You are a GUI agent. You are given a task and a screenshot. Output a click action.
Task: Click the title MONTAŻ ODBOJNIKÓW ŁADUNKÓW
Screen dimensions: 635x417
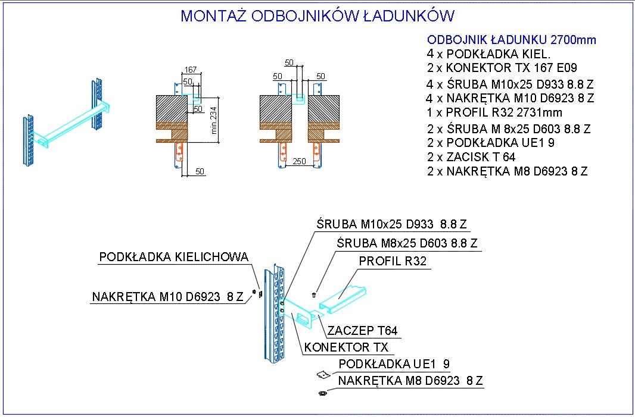pos(317,16)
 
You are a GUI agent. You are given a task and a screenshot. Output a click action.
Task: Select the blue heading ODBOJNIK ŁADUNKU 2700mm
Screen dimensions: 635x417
pos(512,40)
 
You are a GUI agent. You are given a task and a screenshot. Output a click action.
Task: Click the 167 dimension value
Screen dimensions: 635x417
pos(191,70)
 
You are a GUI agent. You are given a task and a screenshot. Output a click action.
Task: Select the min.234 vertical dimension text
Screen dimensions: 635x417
pos(214,120)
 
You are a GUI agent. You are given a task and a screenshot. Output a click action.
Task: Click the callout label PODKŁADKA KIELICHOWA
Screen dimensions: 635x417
pos(174,257)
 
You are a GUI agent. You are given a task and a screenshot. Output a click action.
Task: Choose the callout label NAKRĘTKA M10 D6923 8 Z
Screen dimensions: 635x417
pos(167,297)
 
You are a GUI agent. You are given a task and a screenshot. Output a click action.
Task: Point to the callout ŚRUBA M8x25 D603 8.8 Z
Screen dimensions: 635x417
pos(407,243)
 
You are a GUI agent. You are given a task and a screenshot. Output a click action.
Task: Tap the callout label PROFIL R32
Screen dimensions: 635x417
pos(393,261)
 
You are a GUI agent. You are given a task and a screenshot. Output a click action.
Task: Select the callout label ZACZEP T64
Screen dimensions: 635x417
pos(362,331)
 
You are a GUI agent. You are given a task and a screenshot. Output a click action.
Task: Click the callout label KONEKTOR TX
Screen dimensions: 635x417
pos(346,347)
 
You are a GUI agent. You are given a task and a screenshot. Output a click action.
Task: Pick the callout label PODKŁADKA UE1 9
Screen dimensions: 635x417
pos(394,364)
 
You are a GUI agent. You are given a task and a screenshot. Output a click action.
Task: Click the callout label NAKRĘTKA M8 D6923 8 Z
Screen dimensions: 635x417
pos(410,381)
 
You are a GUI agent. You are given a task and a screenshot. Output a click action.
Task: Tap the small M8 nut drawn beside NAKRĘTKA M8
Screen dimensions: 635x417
pos(323,393)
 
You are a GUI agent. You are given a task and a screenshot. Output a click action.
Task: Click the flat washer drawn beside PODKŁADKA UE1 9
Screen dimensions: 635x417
pos(323,375)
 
